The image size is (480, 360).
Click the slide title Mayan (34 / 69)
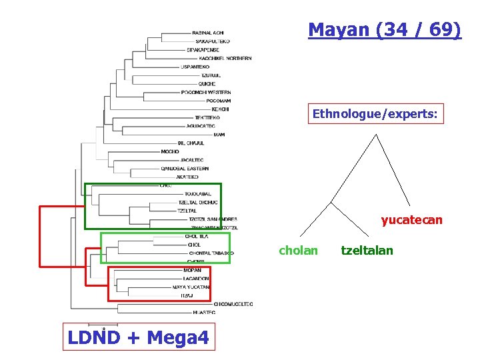[x=384, y=30]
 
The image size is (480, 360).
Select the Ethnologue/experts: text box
[x=375, y=115]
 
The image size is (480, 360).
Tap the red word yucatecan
[x=411, y=219]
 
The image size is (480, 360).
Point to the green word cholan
[x=298, y=251]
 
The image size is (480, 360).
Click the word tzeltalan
[x=367, y=251]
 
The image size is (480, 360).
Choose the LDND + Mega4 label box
[x=138, y=337]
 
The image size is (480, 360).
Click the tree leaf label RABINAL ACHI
[x=207, y=33]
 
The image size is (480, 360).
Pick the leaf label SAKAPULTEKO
[x=213, y=41]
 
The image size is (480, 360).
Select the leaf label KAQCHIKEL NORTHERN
[x=225, y=59]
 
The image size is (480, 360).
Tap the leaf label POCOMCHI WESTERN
[x=206, y=92]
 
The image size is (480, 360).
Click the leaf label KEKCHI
[x=220, y=109]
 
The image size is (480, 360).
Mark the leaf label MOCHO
[x=170, y=151]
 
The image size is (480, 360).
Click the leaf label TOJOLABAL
[x=197, y=194]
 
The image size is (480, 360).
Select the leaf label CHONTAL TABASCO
[x=211, y=253]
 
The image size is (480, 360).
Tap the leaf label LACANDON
[x=196, y=278]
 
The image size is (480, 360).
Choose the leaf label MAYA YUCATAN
[x=191, y=287]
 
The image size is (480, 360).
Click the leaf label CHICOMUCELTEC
[x=233, y=304]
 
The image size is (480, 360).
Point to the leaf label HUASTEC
[x=203, y=312]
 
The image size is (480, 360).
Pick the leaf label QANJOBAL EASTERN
[x=185, y=169]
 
